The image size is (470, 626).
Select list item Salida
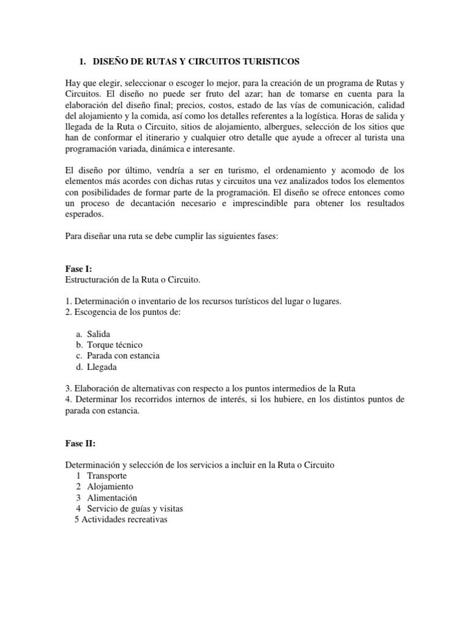tap(98, 334)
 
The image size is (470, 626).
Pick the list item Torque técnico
tap(114, 345)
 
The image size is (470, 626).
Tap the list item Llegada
tap(102, 367)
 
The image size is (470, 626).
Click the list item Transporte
tap(107, 476)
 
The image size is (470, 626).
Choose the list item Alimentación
tap(112, 498)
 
